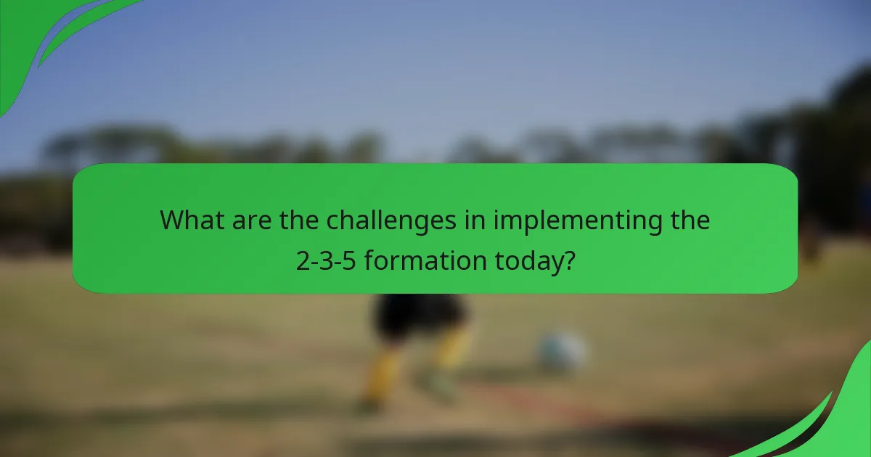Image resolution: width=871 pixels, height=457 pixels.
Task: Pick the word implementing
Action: [x=578, y=221]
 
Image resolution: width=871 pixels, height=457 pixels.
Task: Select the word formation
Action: [x=424, y=260]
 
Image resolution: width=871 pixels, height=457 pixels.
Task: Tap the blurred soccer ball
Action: [x=561, y=353]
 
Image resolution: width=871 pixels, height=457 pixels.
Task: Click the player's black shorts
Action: [x=419, y=316]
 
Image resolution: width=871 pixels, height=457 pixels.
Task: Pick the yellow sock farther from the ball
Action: [x=383, y=374]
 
